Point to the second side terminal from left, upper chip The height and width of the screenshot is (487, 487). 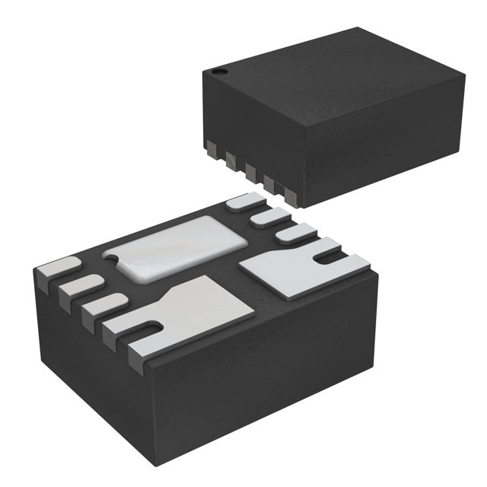click(x=230, y=157)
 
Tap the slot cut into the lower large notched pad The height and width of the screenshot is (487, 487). click(x=150, y=329)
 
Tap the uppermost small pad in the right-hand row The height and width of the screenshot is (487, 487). click(x=243, y=202)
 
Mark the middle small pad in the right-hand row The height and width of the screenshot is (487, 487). click(x=267, y=218)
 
